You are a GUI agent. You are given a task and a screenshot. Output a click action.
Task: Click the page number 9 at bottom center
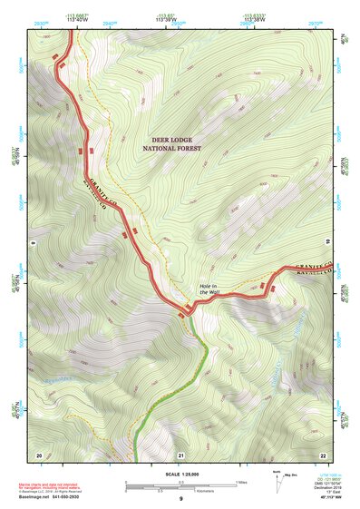(180, 499)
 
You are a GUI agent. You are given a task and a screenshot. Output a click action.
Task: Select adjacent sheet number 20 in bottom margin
(38, 454)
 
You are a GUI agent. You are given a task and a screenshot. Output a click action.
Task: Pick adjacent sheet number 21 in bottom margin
(180, 454)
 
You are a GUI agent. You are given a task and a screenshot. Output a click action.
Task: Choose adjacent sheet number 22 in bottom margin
(322, 454)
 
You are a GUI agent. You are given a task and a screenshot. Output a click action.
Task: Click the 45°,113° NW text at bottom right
(333, 498)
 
